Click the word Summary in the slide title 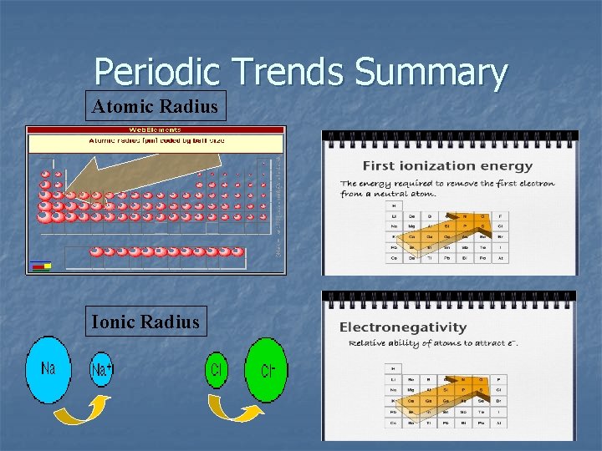point(431,73)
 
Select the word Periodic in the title point(159,73)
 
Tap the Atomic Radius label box point(156,107)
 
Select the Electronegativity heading point(402,327)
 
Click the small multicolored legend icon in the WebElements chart point(40,266)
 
